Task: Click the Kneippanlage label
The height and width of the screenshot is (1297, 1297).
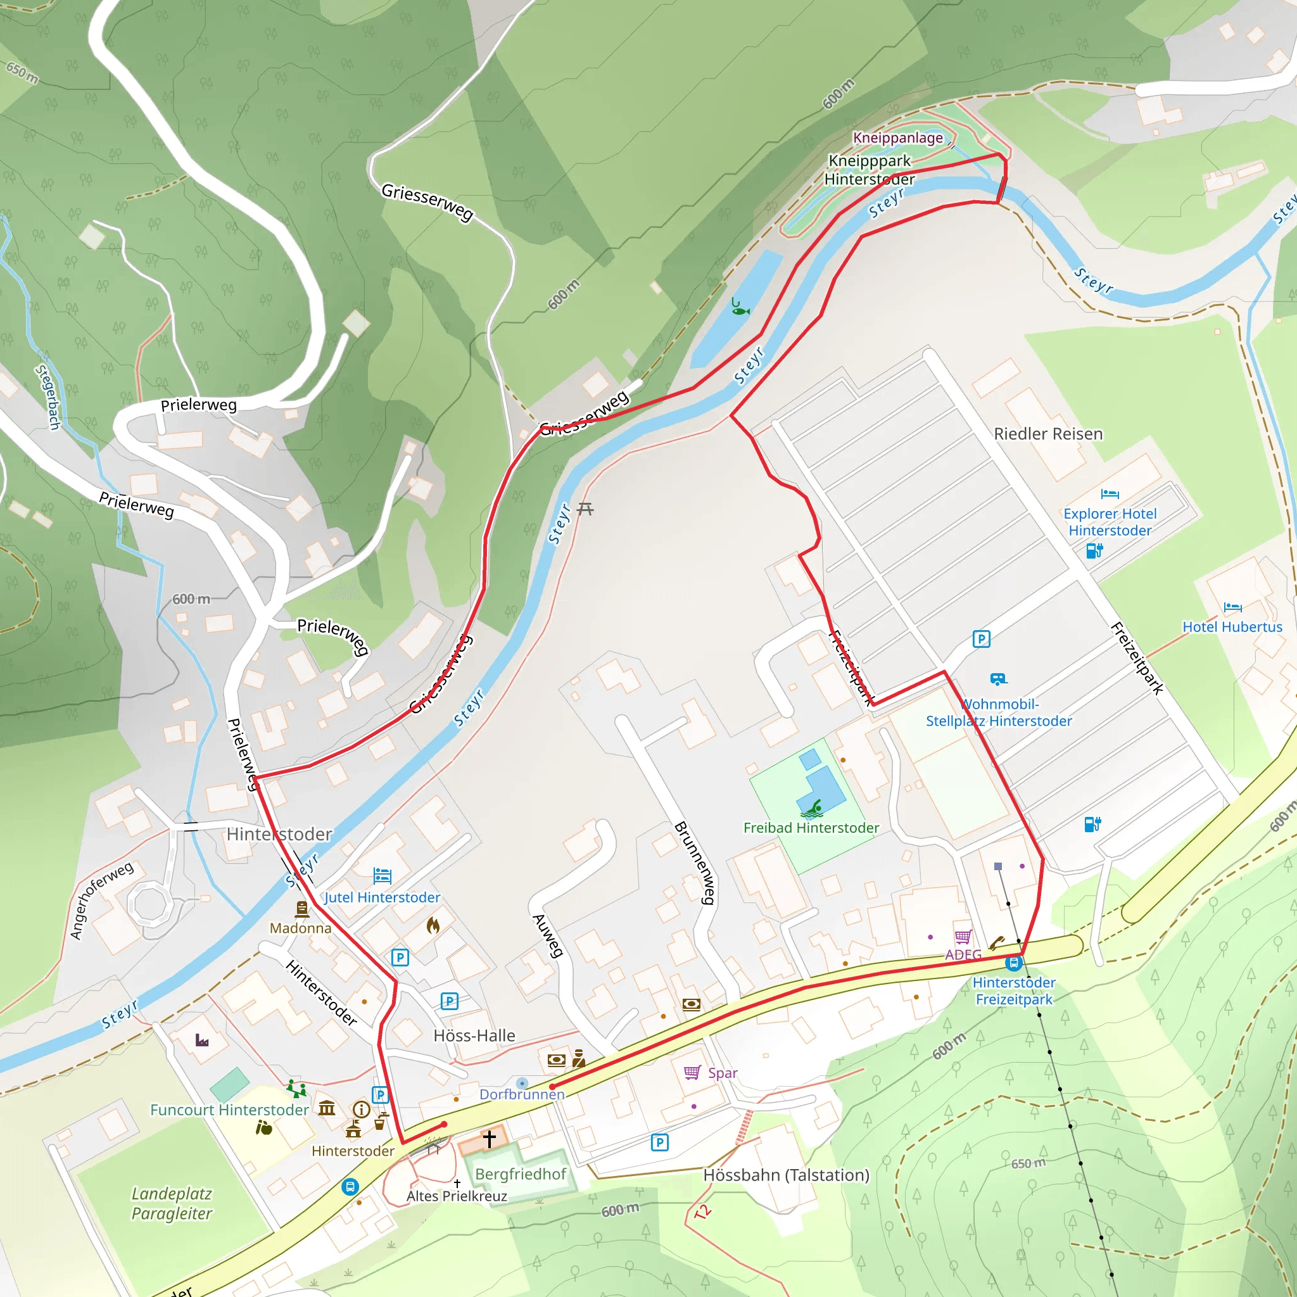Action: click(x=897, y=137)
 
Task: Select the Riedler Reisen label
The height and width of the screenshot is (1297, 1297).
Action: click(x=1048, y=434)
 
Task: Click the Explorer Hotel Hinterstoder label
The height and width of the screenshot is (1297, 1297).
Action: click(x=1110, y=522)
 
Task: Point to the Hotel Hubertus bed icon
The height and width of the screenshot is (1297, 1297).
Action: click(x=1232, y=607)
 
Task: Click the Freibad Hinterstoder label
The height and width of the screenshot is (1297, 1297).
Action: click(x=811, y=828)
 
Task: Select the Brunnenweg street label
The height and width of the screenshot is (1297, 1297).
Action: click(x=695, y=863)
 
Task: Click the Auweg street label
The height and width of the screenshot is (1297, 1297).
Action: click(x=548, y=935)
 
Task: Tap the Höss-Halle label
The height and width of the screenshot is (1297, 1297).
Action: click(x=474, y=1035)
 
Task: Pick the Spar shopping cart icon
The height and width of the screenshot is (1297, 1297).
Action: click(x=692, y=1072)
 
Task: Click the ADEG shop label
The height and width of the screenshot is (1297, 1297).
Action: click(x=963, y=954)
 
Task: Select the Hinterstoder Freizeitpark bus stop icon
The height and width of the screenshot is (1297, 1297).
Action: click(x=1014, y=963)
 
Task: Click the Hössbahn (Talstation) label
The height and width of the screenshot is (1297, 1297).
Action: click(x=786, y=1175)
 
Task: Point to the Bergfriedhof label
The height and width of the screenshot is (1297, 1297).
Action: click(x=521, y=1174)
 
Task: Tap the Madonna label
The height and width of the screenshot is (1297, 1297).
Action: click(x=300, y=928)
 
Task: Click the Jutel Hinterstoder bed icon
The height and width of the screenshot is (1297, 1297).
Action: click(x=382, y=875)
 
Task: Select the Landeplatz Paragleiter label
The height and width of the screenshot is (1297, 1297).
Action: click(x=172, y=1203)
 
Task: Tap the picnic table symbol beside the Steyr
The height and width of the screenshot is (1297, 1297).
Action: click(x=585, y=509)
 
